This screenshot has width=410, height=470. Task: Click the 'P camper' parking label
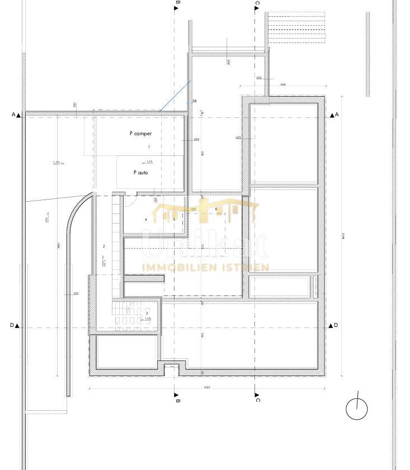tap(140, 134)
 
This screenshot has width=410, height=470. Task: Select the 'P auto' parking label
tap(141, 173)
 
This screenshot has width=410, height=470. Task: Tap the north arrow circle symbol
tap(356, 409)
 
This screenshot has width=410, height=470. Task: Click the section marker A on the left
tap(16, 115)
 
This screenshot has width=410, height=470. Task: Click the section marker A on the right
tap(334, 115)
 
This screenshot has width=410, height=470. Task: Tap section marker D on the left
tap(15, 325)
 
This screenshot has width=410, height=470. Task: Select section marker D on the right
tap(334, 325)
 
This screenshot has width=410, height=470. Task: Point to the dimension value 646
tap(283, 84)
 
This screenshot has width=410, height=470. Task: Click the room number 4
tap(146, 220)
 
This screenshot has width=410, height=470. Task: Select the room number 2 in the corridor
tap(103, 246)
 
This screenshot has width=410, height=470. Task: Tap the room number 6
tap(216, 209)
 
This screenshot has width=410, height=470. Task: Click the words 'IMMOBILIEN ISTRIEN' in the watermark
tap(206, 267)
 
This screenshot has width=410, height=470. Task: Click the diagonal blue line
tap(175, 96)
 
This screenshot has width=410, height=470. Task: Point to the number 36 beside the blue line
tap(195, 101)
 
